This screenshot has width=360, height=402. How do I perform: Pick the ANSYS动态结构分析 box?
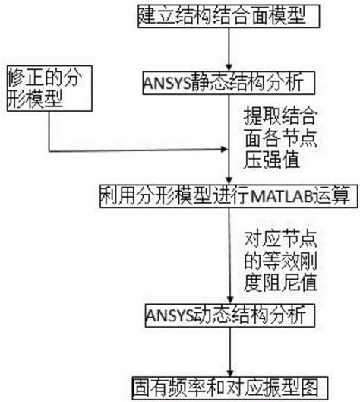(228, 312)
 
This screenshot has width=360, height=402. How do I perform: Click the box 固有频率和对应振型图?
(229, 383)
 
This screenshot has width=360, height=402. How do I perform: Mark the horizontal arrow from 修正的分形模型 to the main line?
(137, 150)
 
